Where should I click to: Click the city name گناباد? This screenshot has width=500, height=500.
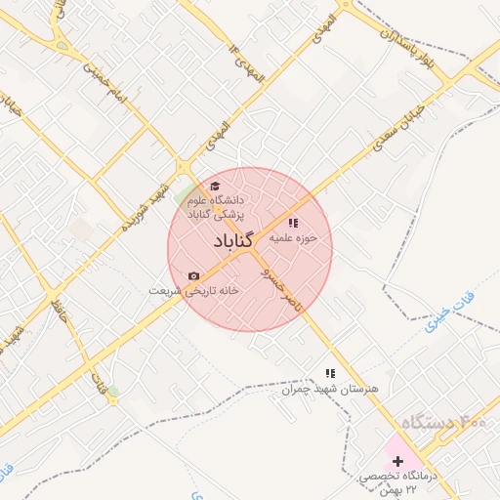coord(231,239)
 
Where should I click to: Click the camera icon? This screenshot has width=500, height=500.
coord(193,276)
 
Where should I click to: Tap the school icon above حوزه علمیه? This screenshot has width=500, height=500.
coord(293,223)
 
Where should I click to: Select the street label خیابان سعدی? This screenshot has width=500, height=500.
coord(395,132)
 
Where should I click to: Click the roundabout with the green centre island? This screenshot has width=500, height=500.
coord(183,166)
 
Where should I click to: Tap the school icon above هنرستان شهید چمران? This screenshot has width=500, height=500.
coord(329,373)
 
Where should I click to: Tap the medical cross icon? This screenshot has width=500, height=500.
coord(397,459)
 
